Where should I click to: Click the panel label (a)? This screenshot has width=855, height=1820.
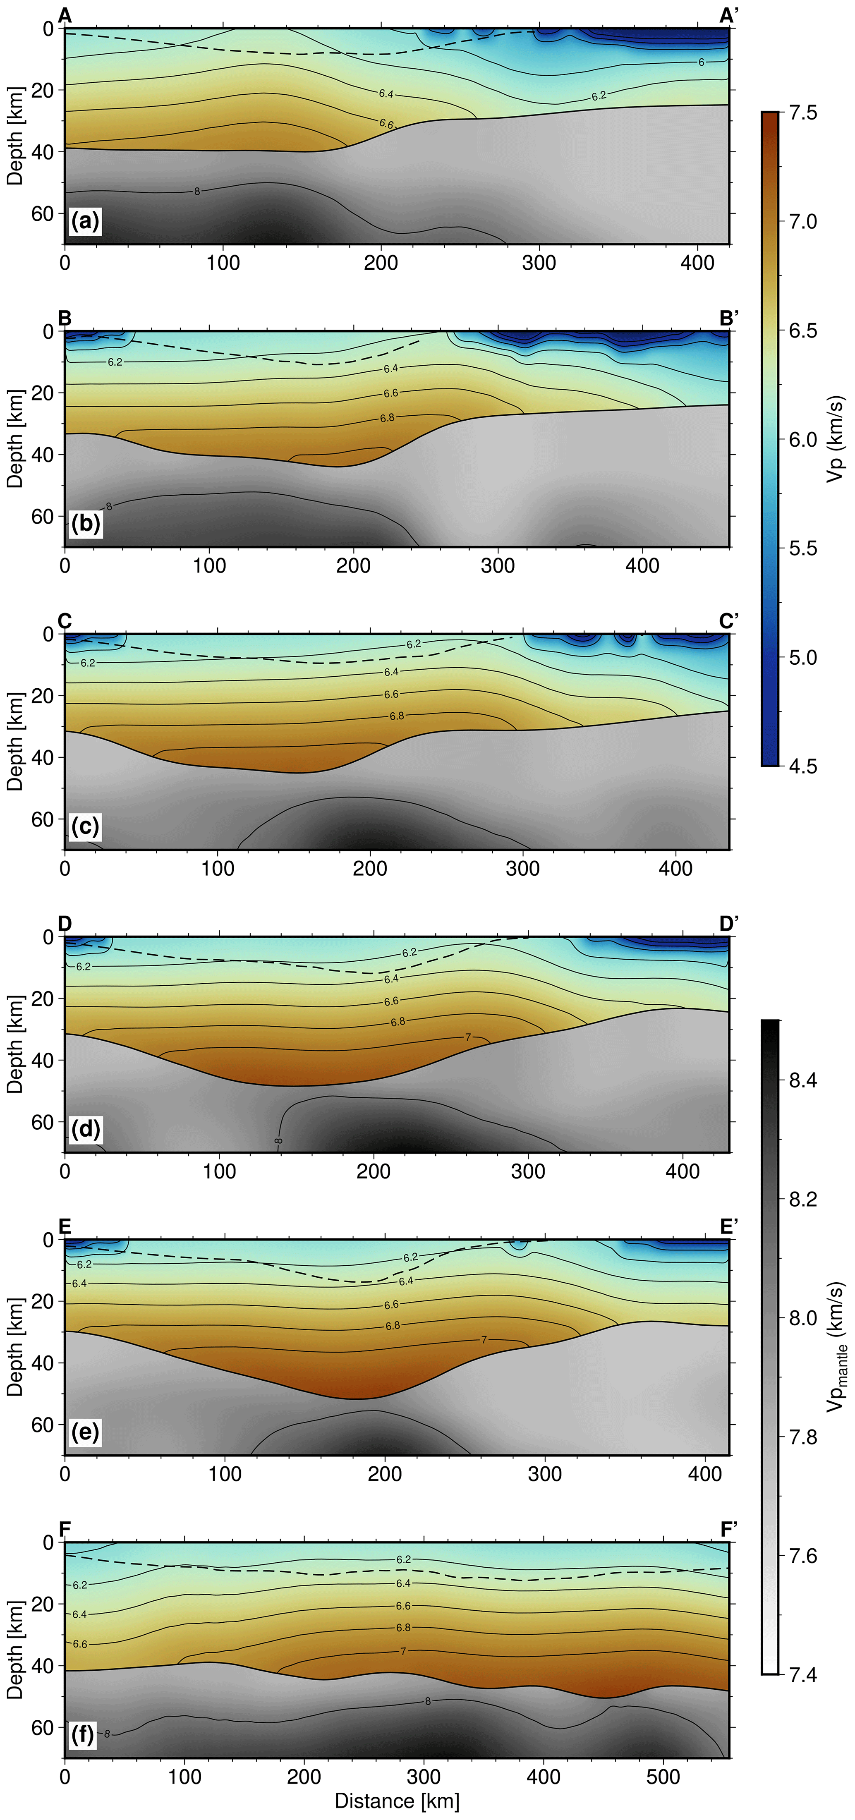click(x=86, y=221)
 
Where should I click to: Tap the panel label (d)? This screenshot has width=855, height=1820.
click(x=86, y=1129)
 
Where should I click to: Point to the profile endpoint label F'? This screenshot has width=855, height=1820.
click(x=728, y=1529)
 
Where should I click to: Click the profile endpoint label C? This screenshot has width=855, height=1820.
click(x=64, y=620)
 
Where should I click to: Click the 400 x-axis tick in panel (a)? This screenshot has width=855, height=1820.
click(x=697, y=263)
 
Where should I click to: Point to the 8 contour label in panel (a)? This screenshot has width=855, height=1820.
click(x=197, y=192)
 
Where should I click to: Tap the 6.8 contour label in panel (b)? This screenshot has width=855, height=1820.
click(x=387, y=418)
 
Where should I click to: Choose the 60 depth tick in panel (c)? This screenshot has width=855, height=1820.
click(x=42, y=819)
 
